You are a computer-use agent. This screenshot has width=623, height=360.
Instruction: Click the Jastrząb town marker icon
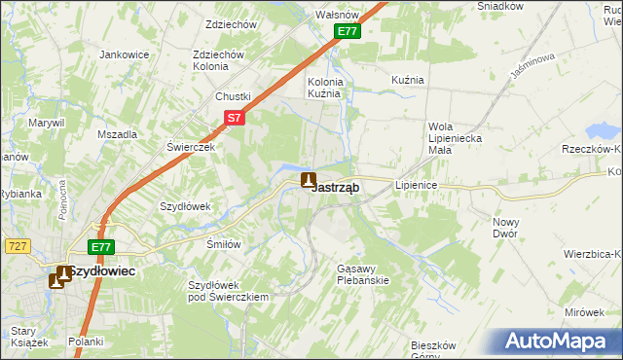pos(309,180)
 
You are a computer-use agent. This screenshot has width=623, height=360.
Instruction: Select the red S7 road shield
pos(234,118)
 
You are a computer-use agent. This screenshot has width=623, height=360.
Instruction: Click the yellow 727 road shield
pos(15,247)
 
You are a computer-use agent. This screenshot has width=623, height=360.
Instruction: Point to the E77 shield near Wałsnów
pos(348,32)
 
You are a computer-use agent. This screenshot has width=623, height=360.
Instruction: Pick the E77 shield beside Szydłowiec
pos(101,247)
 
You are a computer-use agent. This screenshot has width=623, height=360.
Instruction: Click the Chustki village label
pos(234,96)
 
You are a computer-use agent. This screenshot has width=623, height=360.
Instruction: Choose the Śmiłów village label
pos(223,244)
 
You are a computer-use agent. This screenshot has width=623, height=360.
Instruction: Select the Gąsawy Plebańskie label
pos(362,273)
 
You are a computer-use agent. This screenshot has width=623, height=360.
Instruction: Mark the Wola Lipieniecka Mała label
pos(455,138)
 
